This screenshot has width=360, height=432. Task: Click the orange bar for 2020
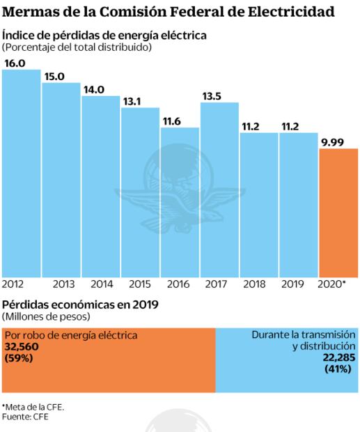(338, 213)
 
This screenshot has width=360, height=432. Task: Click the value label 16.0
(15, 63)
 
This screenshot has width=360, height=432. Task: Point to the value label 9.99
(332, 143)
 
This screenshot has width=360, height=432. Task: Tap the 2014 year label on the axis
(102, 284)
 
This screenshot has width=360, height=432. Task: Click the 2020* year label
(332, 284)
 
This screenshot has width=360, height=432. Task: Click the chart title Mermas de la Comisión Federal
(167, 12)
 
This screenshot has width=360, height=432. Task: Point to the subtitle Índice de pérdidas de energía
(105, 35)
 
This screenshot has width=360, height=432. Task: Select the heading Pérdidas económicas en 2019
(81, 304)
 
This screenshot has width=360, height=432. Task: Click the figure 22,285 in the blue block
(339, 357)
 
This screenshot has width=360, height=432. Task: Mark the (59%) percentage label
(19, 357)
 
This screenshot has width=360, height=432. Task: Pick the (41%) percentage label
(341, 368)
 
